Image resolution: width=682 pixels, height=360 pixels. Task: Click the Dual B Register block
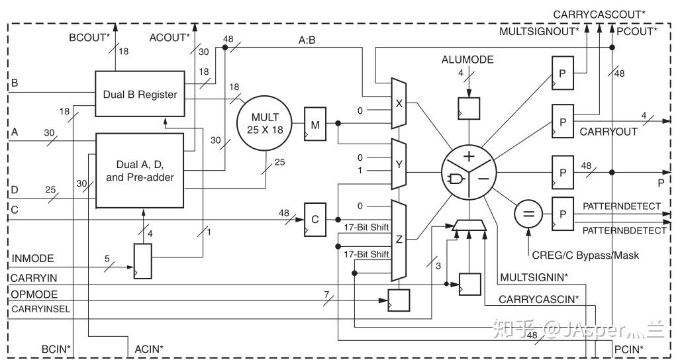point(140,94)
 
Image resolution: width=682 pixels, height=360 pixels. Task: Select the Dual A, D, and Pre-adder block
point(140,171)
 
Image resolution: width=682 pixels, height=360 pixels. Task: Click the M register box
point(315,124)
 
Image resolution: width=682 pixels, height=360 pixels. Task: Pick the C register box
point(315,219)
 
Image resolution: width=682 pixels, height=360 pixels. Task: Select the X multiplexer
point(399,104)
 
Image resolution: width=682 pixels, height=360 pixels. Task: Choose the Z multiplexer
point(399,240)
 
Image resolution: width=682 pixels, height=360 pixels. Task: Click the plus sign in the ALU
point(469,156)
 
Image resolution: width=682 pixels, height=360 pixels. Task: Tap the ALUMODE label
point(467,60)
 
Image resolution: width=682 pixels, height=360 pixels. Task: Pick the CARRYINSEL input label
point(39,308)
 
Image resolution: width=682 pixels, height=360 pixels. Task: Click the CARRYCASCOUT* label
point(599,13)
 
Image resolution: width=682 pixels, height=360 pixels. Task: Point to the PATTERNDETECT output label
point(621,206)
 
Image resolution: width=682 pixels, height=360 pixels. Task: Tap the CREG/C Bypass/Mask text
point(583,255)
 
